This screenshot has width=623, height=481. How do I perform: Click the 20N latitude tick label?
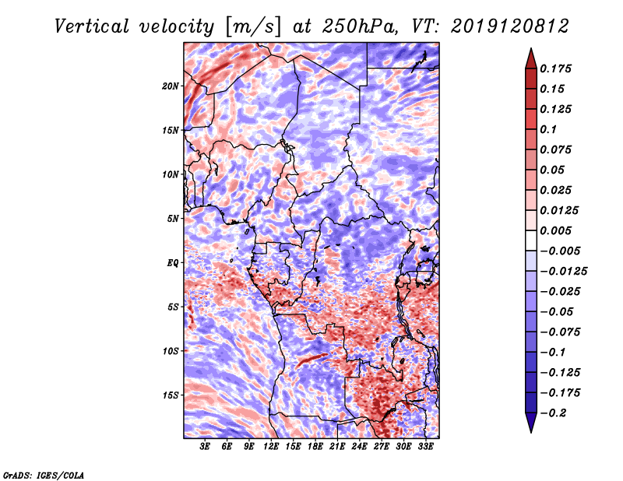coord(171,86)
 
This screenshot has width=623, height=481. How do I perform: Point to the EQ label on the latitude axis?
coord(172,262)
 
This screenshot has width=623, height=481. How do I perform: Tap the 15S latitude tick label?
coord(171,395)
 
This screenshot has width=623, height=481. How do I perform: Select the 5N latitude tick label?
coord(172,219)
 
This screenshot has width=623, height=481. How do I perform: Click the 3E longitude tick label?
coord(205,447)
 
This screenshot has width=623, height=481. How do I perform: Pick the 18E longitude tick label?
coord(315,447)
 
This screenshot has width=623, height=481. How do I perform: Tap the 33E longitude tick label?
coord(426,447)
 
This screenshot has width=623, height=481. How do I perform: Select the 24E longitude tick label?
coord(360,447)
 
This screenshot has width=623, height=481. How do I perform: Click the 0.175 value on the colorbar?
coord(558,68)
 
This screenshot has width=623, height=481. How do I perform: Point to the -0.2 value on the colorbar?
coord(554,413)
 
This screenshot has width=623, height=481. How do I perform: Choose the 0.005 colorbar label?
coord(558,230)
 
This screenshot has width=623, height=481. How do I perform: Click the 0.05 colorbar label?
coord(554,170)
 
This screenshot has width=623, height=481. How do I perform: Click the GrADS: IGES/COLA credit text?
coord(43,473)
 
